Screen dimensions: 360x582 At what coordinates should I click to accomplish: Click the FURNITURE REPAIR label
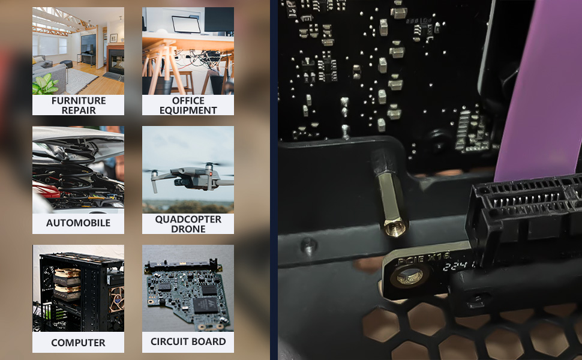[78, 105]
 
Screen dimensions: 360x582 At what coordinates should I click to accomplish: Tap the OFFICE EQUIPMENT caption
[188, 105]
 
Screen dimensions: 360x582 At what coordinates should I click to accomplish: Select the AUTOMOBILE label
[78, 223]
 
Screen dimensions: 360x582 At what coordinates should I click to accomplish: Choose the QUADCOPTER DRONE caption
[188, 224]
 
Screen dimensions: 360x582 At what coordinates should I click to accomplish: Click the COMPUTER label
[78, 343]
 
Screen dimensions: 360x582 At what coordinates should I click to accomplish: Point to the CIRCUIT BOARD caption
[188, 341]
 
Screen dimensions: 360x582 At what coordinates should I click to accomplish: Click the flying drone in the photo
[188, 176]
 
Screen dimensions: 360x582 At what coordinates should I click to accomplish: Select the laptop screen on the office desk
[185, 24]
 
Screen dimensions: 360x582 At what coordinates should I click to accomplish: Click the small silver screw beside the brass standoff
[308, 244]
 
